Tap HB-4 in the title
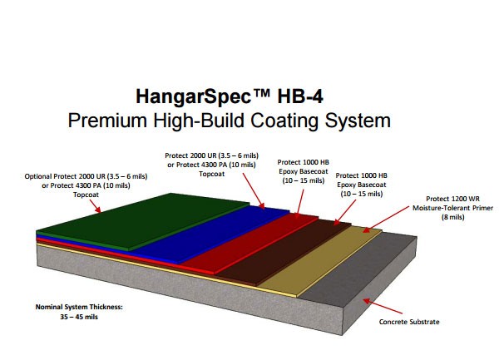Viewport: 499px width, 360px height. point(300,96)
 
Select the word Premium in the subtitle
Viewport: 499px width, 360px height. point(107,121)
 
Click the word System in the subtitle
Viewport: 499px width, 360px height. point(358,121)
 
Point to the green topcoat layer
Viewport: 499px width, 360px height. point(140,221)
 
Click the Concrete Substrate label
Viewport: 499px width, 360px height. point(409,322)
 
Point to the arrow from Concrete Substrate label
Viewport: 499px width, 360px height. point(383,306)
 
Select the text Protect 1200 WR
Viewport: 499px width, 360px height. point(452,199)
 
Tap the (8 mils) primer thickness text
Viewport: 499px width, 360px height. point(452,217)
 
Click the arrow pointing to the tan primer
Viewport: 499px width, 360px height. point(386,219)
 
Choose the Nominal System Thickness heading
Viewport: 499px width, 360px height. point(79,308)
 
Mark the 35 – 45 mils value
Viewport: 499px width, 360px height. point(79,317)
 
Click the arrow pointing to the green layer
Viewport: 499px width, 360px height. point(95,206)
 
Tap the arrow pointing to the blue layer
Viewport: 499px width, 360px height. point(254,191)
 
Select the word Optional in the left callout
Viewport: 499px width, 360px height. point(38,176)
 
